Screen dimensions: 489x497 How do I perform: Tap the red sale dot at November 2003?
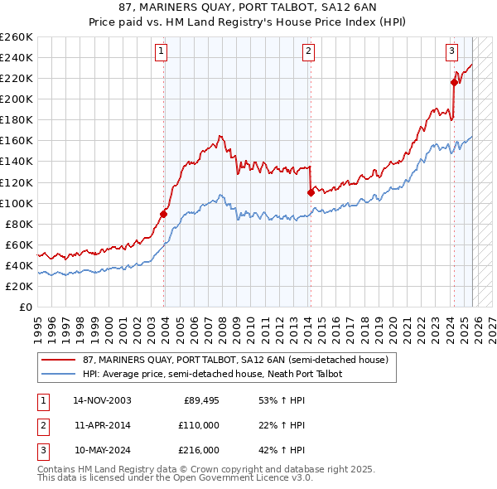pos(164,214)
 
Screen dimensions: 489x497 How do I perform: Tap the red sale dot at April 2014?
pos(311,192)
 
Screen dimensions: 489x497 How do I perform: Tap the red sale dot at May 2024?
pos(454,82)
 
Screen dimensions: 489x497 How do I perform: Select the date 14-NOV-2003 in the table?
pos(102,400)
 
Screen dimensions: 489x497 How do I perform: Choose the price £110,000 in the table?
pos(200,425)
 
